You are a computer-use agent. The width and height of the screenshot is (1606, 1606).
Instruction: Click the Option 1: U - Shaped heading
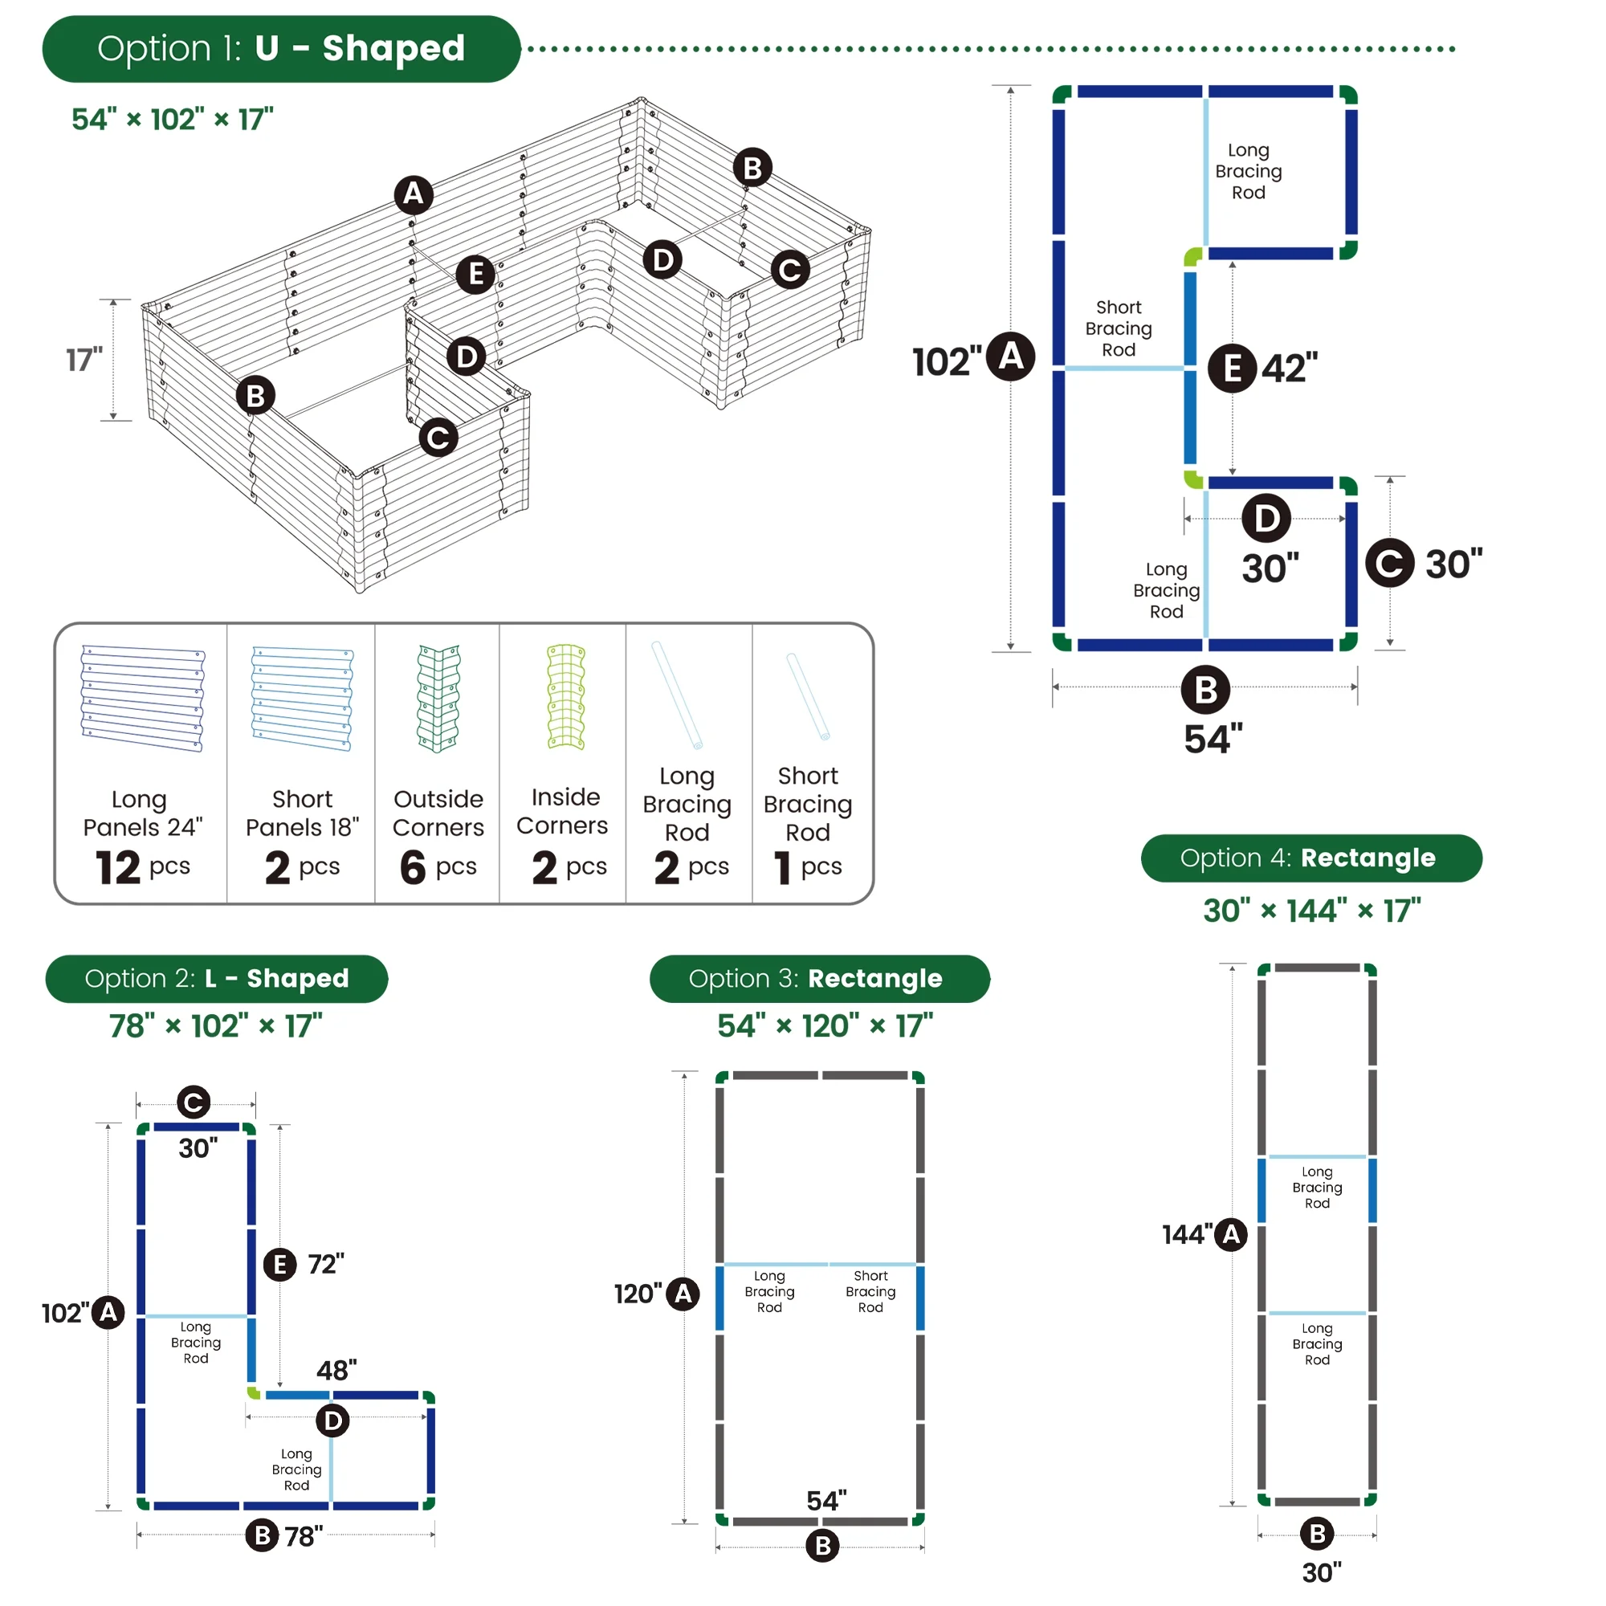(x=281, y=49)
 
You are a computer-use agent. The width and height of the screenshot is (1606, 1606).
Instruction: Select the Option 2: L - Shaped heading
(x=216, y=978)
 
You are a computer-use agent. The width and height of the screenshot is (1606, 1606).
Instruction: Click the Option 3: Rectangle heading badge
(x=819, y=978)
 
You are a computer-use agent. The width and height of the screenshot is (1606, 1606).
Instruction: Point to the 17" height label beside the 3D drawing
(x=84, y=360)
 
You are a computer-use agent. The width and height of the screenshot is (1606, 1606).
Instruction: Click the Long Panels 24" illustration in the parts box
(x=142, y=699)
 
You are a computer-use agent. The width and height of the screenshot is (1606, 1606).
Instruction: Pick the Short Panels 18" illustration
(x=302, y=699)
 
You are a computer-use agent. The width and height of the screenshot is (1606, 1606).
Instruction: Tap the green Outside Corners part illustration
(x=438, y=699)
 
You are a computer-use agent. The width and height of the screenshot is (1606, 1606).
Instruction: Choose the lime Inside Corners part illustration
(x=565, y=696)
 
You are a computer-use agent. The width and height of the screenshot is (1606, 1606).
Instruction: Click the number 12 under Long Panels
(x=118, y=868)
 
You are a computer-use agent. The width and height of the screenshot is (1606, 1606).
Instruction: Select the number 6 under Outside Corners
(x=413, y=868)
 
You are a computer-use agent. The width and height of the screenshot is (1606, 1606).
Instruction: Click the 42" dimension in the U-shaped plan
(x=1290, y=368)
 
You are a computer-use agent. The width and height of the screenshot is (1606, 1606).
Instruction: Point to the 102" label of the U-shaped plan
(x=946, y=361)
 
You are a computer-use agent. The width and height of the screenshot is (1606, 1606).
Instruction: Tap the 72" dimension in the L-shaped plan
(x=326, y=1263)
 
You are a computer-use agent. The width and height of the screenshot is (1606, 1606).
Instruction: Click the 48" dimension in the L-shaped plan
(x=336, y=1370)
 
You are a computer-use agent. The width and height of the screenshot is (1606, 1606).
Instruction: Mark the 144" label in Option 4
(x=1187, y=1234)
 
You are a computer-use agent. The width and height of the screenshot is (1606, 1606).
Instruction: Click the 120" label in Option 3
(x=638, y=1294)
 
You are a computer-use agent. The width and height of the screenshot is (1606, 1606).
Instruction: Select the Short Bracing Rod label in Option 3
(x=870, y=1291)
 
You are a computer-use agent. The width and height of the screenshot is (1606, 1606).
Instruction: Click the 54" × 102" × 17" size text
(x=172, y=120)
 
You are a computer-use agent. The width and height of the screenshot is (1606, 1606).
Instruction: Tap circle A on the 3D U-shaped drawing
(x=413, y=194)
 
